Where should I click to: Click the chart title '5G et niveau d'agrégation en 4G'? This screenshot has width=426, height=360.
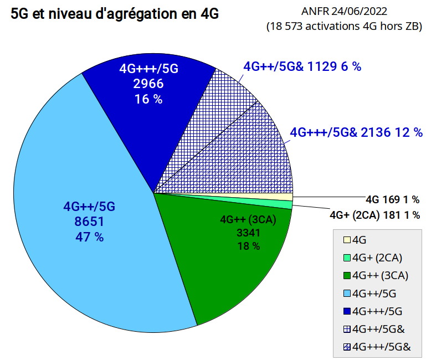point(115,14)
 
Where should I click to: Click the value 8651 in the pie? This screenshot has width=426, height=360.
point(89,222)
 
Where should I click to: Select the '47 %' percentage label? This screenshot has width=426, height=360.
point(89,237)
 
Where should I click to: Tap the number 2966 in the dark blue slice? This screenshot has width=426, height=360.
point(148,84)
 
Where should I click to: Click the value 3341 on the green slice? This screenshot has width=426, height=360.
point(249,233)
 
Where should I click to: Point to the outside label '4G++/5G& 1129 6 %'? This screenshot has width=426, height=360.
point(302,66)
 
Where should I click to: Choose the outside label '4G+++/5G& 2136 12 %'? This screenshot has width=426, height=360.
point(356,132)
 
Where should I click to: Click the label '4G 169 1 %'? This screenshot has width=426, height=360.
point(393,200)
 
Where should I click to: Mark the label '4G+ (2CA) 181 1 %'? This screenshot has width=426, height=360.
point(375,215)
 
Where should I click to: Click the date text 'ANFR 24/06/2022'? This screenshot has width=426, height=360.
point(344,12)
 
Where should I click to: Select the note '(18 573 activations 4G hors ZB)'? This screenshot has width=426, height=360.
point(344,27)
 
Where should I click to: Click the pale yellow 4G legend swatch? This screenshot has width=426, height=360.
point(347,240)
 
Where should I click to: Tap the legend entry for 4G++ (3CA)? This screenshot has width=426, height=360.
point(376,275)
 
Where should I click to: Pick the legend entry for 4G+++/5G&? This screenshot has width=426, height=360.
point(377,347)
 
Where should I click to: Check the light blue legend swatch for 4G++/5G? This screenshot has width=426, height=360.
point(347,294)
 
